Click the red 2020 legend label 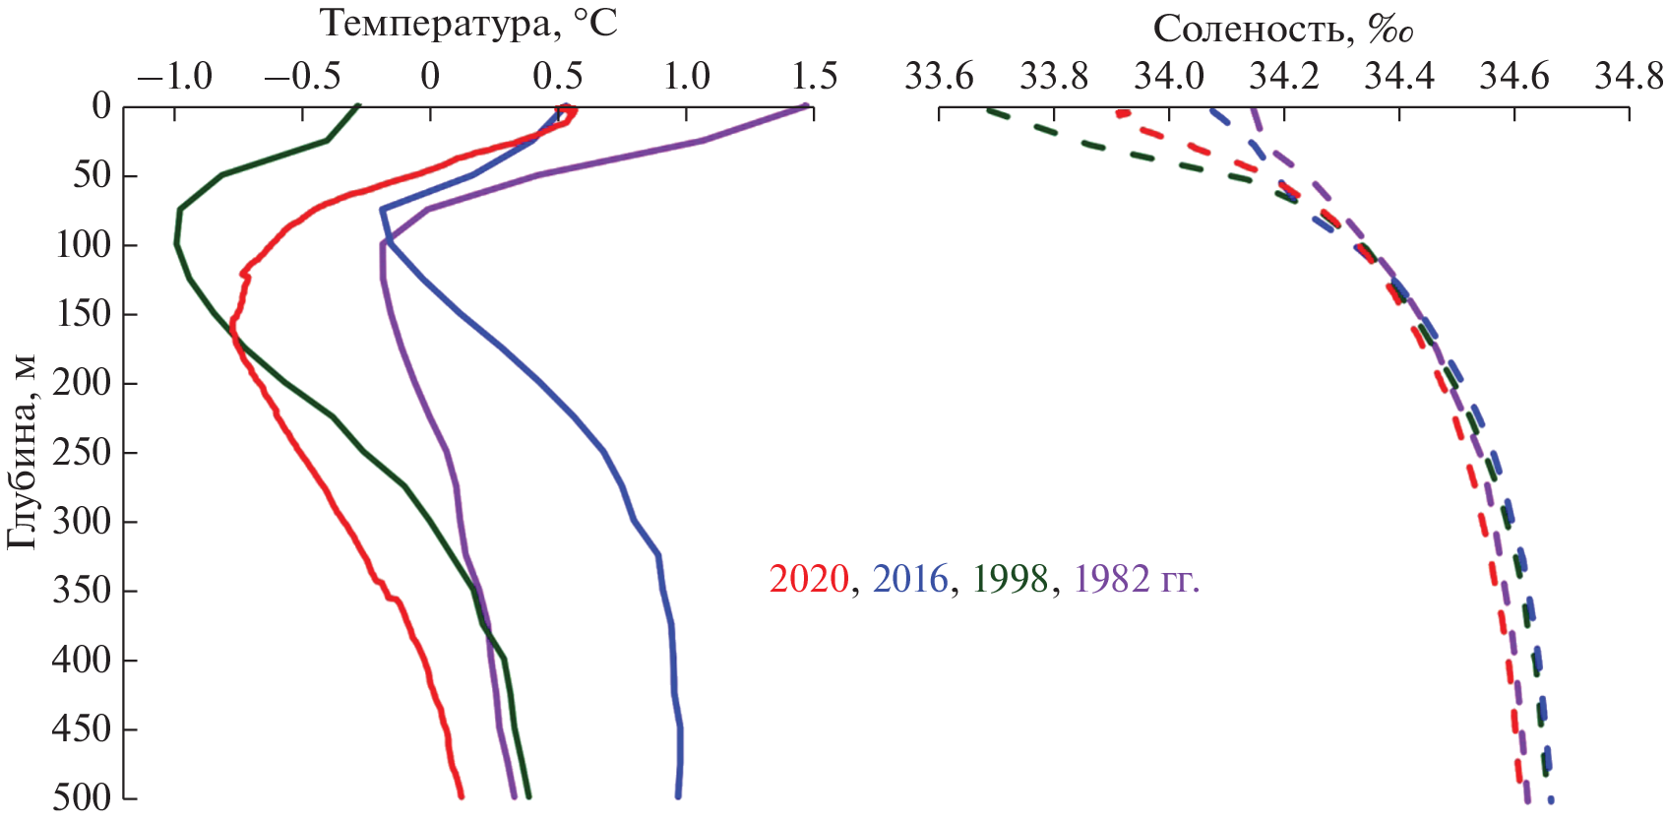coord(808,579)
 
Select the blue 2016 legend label coord(909,579)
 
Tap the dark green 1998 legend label coord(1011,579)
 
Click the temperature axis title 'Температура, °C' coord(469,24)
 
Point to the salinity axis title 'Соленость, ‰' coord(1283,30)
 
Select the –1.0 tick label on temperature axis coord(174,76)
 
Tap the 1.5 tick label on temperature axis coord(813,76)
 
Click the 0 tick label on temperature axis coord(430,76)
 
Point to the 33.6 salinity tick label coord(939,76)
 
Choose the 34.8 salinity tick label coord(1629,76)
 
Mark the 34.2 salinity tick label coord(1283,76)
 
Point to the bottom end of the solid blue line coord(678,795)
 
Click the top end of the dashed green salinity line coord(988,109)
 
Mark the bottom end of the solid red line coord(462,795)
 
